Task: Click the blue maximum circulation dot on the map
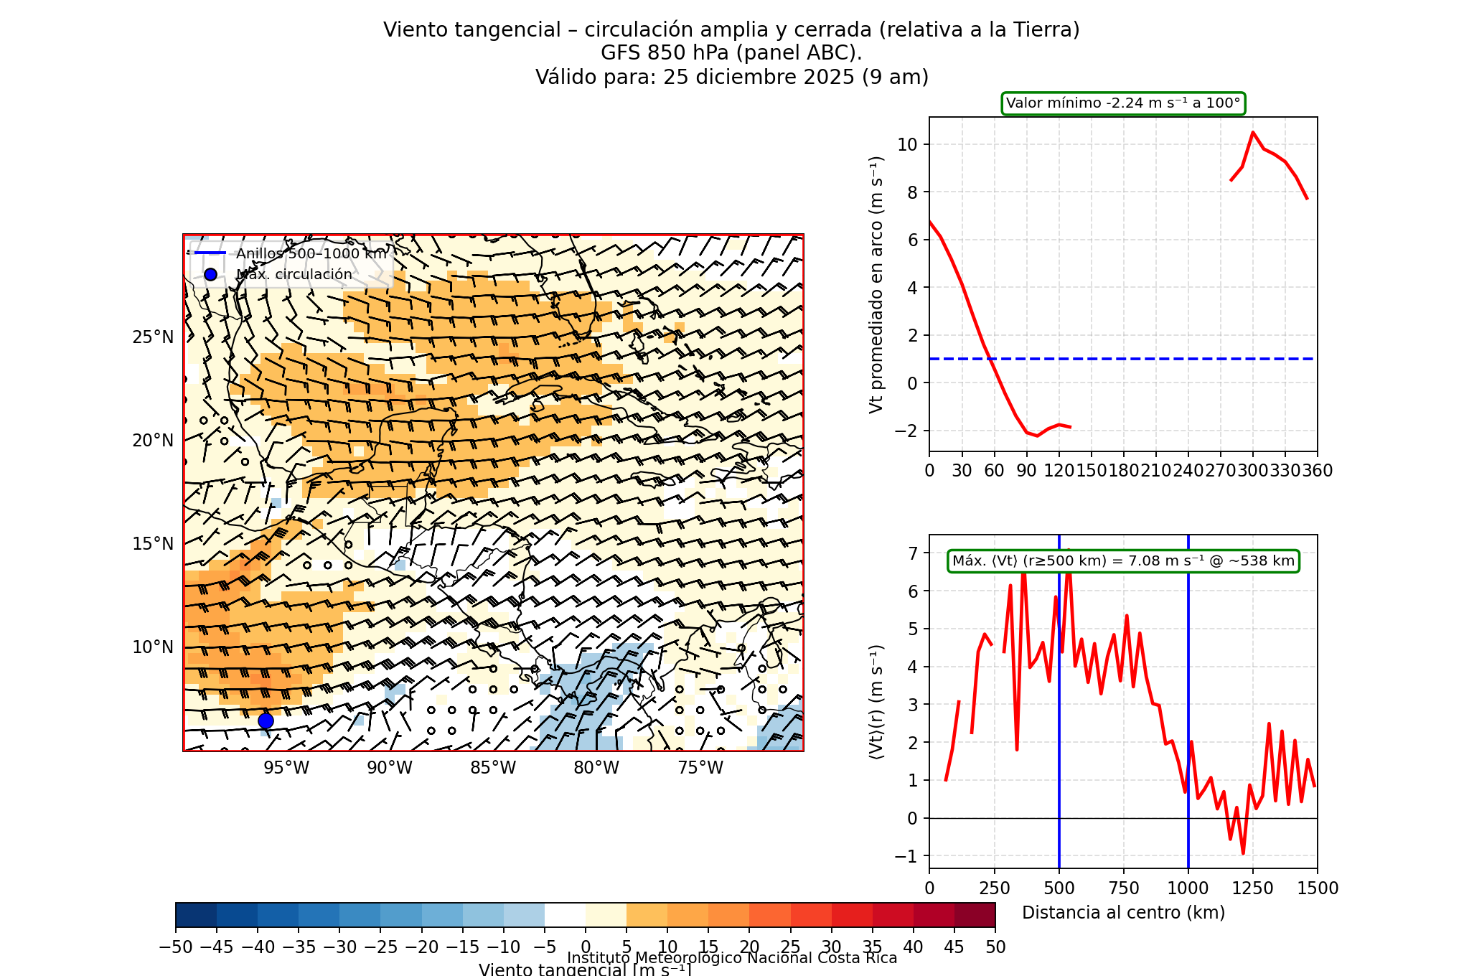pyautogui.click(x=266, y=721)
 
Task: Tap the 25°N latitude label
pyautogui.click(x=153, y=337)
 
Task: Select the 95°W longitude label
pyautogui.click(x=286, y=768)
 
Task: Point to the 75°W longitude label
pyautogui.click(x=700, y=768)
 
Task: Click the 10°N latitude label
pyautogui.click(x=153, y=647)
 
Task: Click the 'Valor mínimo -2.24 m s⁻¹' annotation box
pyautogui.click(x=1123, y=103)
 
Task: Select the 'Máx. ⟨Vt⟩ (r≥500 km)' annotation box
pyautogui.click(x=1123, y=561)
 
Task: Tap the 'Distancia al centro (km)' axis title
pyautogui.click(x=1123, y=913)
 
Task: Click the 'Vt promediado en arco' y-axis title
pyautogui.click(x=876, y=285)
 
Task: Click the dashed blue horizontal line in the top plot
pyautogui.click(x=1148, y=359)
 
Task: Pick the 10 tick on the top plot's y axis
pyautogui.click(x=907, y=144)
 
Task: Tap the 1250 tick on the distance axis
pyautogui.click(x=1253, y=888)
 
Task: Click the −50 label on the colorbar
pyautogui.click(x=176, y=947)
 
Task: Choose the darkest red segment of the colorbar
pyautogui.click(x=975, y=915)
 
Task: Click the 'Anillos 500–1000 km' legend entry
pyautogui.click(x=311, y=253)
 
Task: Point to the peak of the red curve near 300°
pyautogui.click(x=1253, y=132)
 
